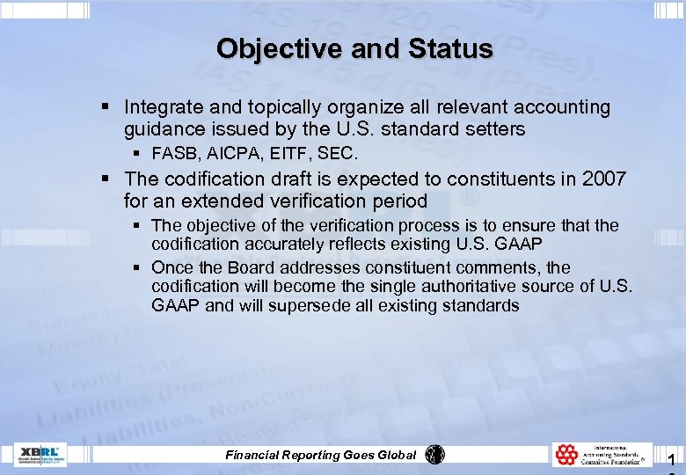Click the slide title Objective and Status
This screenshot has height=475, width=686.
[x=354, y=48]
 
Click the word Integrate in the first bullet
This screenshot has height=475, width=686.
[x=162, y=107]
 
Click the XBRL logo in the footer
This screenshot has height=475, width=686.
[x=40, y=455]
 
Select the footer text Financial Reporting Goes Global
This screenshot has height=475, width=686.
[x=321, y=455]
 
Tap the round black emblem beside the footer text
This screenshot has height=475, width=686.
[x=434, y=454]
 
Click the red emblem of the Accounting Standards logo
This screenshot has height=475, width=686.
[x=566, y=455]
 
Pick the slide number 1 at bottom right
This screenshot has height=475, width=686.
[x=671, y=459]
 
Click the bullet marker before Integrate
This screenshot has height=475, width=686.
[x=105, y=107]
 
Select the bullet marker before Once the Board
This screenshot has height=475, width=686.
[x=138, y=267]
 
